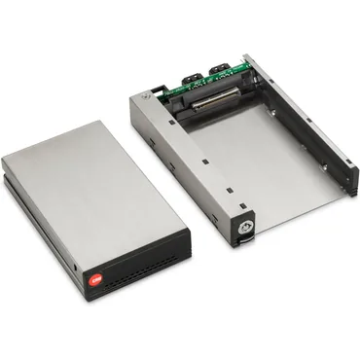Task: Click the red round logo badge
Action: point(94,280)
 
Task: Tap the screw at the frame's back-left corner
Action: point(146,97)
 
